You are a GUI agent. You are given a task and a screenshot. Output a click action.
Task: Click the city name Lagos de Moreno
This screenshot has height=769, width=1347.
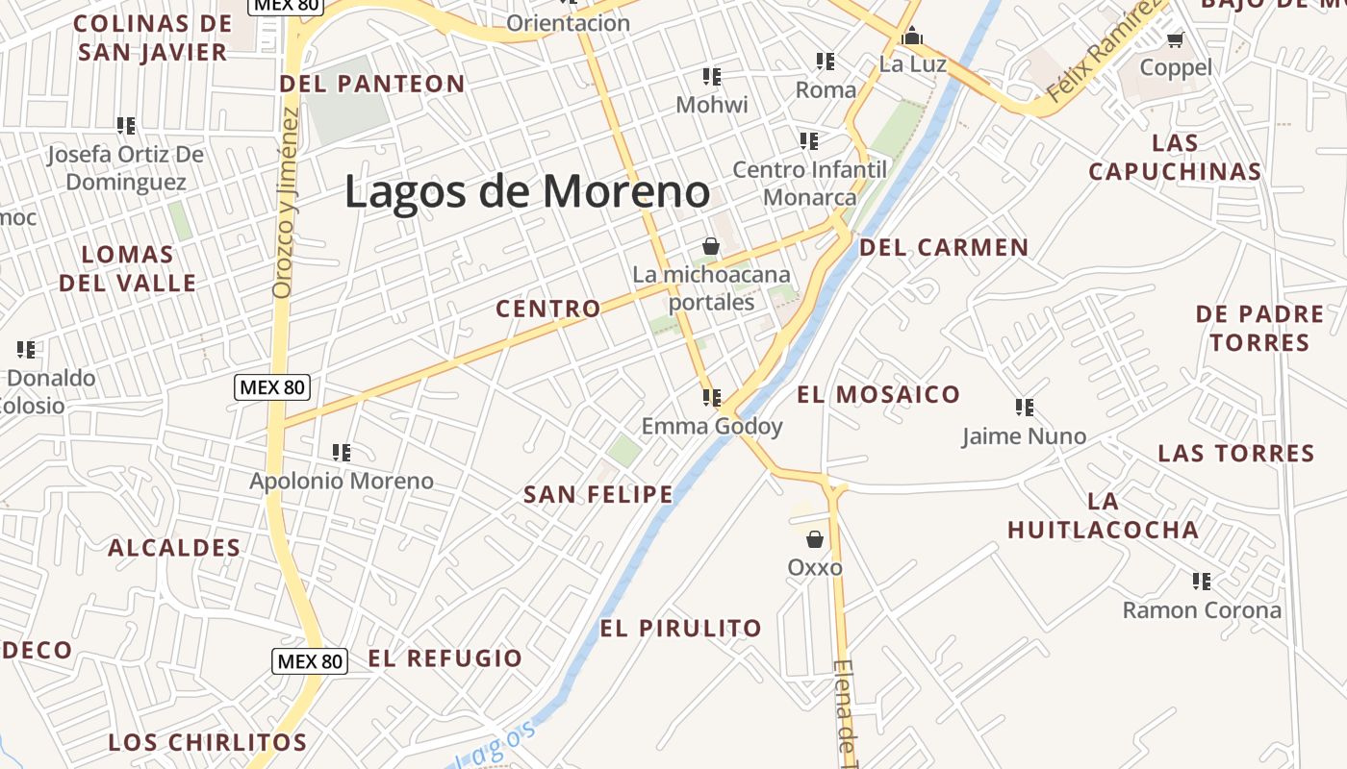click(x=527, y=191)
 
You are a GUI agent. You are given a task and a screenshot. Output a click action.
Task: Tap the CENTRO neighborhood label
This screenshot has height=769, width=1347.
click(x=547, y=309)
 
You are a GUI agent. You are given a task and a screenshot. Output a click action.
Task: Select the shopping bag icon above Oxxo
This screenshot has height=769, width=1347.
click(x=815, y=539)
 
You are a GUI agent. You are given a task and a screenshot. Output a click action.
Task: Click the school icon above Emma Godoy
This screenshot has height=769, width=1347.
click(x=712, y=397)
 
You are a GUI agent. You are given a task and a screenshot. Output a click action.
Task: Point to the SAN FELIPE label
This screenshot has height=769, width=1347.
click(x=597, y=495)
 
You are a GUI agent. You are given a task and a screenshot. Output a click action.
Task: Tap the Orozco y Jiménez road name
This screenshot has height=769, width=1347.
click(x=287, y=202)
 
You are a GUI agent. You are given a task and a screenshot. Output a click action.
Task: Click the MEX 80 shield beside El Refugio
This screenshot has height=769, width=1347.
click(x=310, y=661)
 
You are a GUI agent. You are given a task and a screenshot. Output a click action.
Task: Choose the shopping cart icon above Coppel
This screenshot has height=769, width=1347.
click(x=1175, y=39)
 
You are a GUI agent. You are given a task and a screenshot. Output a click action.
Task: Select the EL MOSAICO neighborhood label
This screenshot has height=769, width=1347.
click(x=877, y=394)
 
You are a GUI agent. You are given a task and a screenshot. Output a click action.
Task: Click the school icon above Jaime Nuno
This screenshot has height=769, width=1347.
click(x=1025, y=408)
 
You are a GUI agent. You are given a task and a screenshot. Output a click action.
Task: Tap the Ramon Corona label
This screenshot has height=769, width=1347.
click(x=1202, y=610)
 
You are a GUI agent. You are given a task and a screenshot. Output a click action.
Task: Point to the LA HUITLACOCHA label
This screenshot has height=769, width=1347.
click(x=1104, y=515)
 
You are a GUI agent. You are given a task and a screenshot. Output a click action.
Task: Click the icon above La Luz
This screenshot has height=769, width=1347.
click(x=912, y=37)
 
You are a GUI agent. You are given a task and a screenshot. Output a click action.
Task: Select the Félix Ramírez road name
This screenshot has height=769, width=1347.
click(x=1103, y=53)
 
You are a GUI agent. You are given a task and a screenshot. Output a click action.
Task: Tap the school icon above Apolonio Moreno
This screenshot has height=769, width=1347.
click(x=341, y=452)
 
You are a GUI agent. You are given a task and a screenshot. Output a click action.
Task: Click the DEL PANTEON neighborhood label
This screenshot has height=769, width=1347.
click(x=372, y=84)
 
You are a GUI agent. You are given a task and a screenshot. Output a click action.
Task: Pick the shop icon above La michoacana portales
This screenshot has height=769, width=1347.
click(x=711, y=246)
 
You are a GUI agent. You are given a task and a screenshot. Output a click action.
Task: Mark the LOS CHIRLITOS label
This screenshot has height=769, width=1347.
click(x=208, y=742)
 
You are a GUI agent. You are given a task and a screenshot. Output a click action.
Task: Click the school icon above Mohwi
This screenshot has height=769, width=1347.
click(x=712, y=76)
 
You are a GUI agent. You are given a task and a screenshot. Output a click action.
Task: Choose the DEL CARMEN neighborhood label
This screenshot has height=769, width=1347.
click(x=944, y=247)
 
